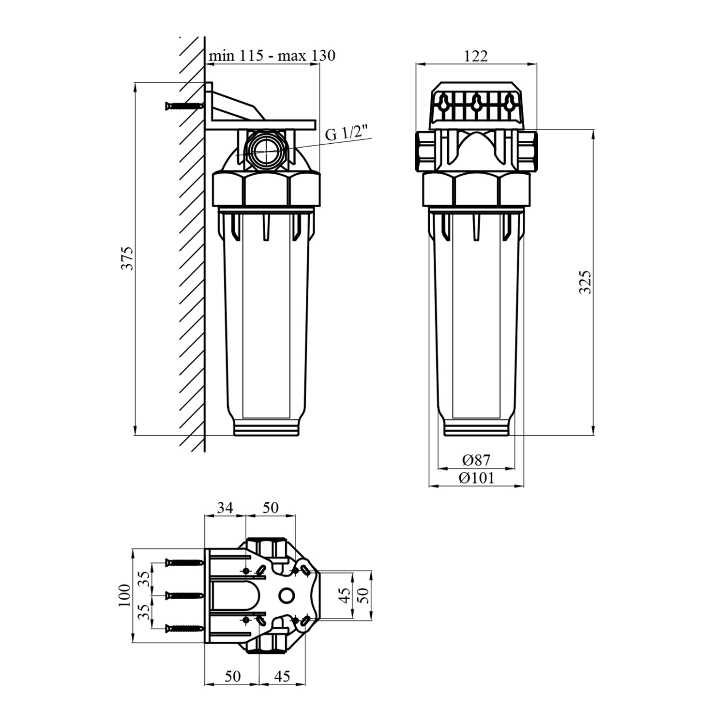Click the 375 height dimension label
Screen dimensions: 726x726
click(126, 258)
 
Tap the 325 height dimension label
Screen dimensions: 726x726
click(586, 282)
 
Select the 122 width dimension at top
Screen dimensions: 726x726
click(476, 56)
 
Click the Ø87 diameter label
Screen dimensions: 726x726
click(476, 460)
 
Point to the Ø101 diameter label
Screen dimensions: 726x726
click(477, 478)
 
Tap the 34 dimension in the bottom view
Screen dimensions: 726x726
click(225, 508)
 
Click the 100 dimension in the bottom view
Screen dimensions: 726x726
click(125, 595)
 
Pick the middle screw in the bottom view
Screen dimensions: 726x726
click(184, 595)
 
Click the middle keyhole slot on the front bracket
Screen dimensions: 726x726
click(476, 102)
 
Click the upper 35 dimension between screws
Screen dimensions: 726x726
click(144, 578)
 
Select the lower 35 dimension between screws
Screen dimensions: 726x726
click(144, 612)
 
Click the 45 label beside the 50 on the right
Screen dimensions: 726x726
click(345, 595)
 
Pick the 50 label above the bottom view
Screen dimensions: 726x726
click(271, 508)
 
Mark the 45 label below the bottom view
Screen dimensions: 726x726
click(282, 676)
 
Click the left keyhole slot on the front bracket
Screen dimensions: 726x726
click(444, 102)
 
